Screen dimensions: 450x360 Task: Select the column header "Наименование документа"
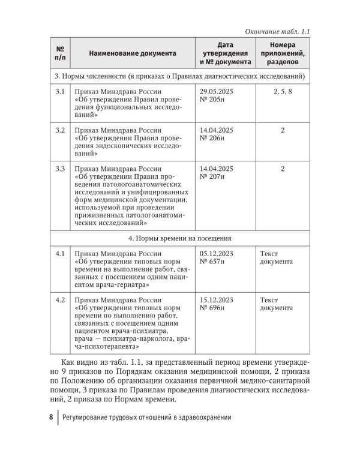click(133, 53)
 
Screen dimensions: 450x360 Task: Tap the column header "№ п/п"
click(60, 53)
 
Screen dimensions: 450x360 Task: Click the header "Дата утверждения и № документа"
click(225, 53)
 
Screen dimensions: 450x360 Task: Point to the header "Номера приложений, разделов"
click(283, 53)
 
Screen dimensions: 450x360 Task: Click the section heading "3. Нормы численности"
click(179, 77)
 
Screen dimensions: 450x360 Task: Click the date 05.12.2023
click(216, 253)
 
